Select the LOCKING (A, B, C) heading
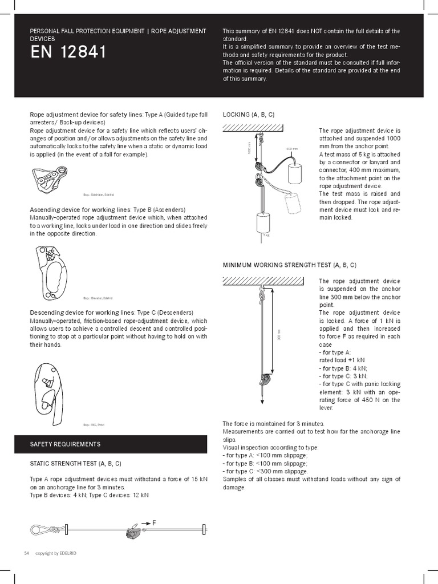[x=248, y=115]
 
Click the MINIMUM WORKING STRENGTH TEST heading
[x=289, y=265]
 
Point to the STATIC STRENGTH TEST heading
[x=75, y=464]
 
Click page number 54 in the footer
[x=26, y=553]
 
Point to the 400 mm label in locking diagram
[x=291, y=149]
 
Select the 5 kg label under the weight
[x=266, y=235]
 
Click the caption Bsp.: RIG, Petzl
[x=94, y=424]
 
